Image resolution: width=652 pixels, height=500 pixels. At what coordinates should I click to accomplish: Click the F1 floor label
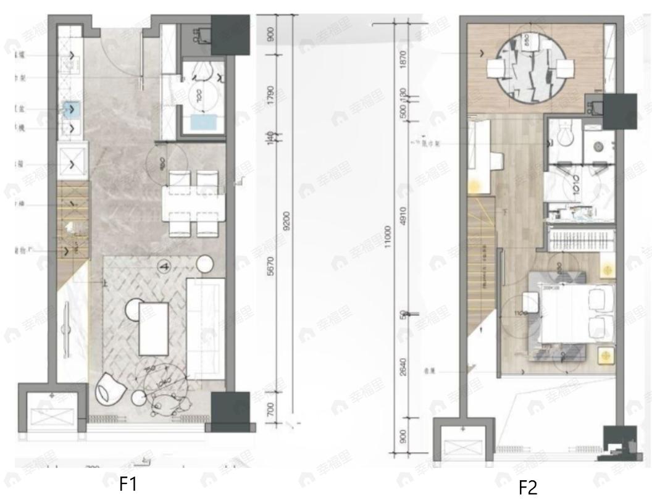pos(127,485)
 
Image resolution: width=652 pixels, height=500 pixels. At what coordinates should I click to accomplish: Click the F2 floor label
pos(528,488)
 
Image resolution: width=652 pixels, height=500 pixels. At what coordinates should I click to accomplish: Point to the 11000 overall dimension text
pos(387,235)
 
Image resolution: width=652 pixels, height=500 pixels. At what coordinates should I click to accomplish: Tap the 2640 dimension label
pos(403,365)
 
